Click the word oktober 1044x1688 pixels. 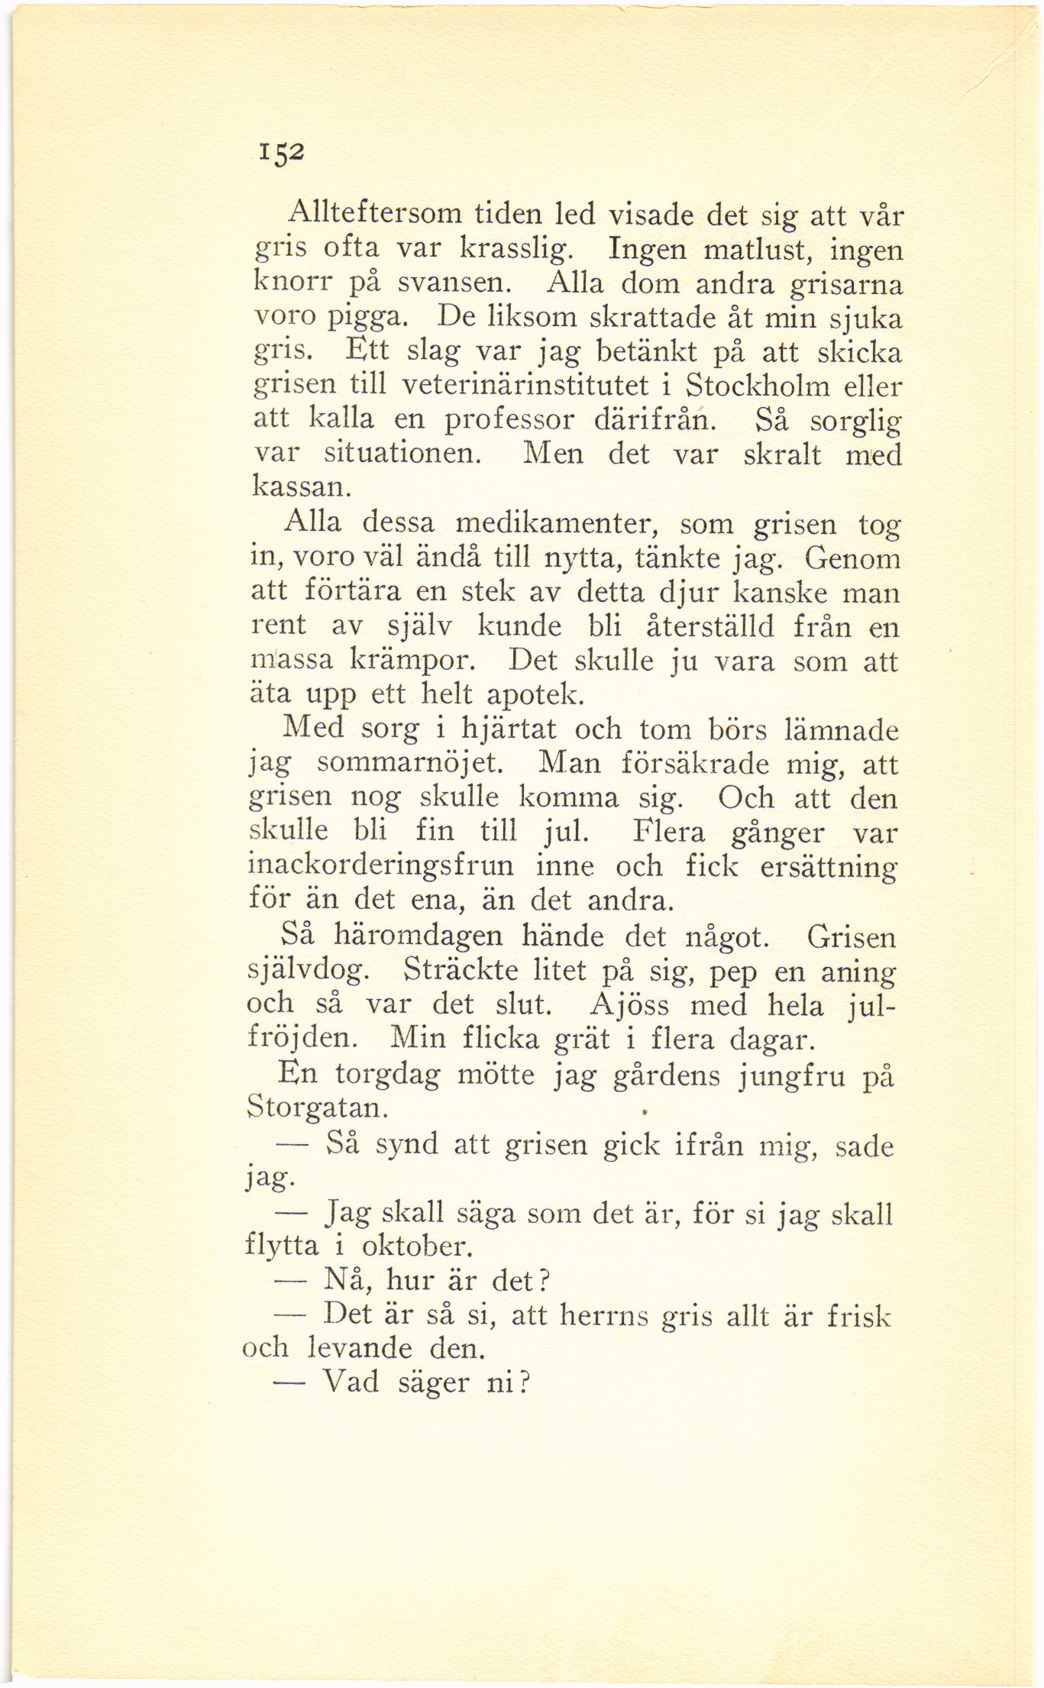(412, 1247)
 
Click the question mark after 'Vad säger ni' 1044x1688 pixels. (523, 1382)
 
